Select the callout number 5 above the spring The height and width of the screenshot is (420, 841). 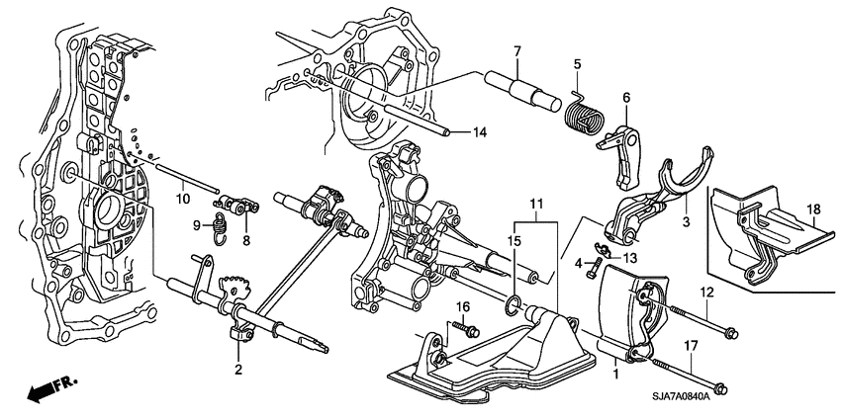[578, 65]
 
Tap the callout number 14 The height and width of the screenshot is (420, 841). [479, 132]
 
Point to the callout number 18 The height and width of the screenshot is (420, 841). [814, 210]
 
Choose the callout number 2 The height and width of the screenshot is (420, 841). [238, 370]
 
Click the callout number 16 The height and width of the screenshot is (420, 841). [460, 309]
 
